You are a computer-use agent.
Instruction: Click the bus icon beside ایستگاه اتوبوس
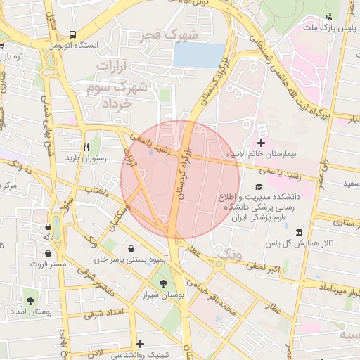pos(73,34)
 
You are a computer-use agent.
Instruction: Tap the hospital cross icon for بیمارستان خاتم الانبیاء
pos(262,132)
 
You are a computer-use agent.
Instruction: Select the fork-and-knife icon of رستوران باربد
pos(85,147)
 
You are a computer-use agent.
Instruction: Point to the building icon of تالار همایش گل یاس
pos(300,233)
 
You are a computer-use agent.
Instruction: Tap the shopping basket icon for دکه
pos(47,227)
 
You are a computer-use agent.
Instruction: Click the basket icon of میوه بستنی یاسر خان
pos(132,247)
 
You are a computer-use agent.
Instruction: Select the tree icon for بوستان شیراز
pos(164,283)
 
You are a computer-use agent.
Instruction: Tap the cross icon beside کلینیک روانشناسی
pos(141,344)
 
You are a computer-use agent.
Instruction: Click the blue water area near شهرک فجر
pos(200,56)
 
